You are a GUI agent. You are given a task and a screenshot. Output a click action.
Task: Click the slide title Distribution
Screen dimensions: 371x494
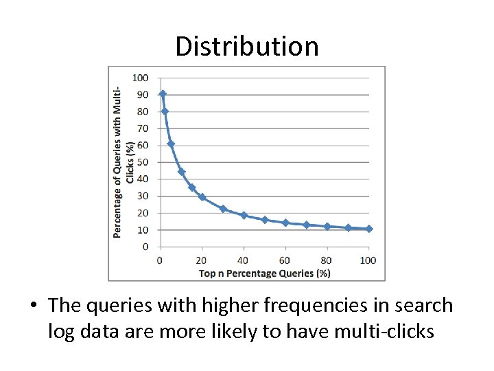click(247, 47)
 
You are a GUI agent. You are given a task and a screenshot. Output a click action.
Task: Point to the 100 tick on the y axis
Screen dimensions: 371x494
click(141, 78)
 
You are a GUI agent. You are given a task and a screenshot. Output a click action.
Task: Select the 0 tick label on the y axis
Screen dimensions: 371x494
click(145, 247)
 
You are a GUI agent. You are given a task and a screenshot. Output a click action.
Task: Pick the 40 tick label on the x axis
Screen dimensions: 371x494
click(244, 260)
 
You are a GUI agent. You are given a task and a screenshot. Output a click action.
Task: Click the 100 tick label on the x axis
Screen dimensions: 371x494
click(368, 260)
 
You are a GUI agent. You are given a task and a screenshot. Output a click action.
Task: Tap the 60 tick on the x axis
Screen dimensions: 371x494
click(285, 260)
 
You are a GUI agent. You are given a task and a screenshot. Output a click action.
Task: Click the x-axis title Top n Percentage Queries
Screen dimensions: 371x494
click(265, 273)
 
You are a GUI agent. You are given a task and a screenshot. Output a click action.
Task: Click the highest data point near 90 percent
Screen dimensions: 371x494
click(163, 93)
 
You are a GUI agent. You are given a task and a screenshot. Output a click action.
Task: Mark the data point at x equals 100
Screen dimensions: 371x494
click(369, 229)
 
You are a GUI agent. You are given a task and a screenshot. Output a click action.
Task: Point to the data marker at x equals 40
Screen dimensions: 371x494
click(244, 215)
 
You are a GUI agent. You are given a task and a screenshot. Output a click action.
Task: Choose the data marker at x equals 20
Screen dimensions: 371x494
click(202, 197)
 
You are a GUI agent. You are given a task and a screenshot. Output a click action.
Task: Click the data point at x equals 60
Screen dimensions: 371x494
click(285, 223)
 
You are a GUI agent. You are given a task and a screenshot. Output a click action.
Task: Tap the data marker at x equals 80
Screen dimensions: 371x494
click(327, 226)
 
